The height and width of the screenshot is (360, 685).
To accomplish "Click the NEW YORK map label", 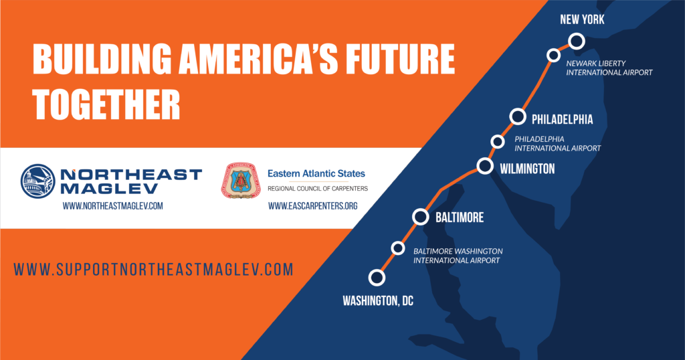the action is click(x=582, y=19).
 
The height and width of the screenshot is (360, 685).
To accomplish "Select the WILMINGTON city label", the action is click(x=527, y=169).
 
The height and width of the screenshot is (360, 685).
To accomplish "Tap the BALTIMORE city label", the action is click(x=460, y=217).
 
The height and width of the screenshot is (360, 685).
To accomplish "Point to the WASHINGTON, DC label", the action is click(x=378, y=300).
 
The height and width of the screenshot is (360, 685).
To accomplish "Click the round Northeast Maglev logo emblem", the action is click(x=38, y=181).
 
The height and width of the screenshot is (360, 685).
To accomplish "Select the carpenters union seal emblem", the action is click(x=241, y=181).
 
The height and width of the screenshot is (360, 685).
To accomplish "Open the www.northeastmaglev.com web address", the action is click(x=112, y=206).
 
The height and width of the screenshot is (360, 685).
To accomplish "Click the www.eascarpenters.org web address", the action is click(x=313, y=206).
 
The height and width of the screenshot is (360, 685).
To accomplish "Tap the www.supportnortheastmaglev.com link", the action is click(x=153, y=269).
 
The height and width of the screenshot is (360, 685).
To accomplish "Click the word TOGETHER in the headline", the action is click(x=106, y=105).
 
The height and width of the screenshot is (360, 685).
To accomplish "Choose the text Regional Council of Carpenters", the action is click(x=318, y=189).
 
